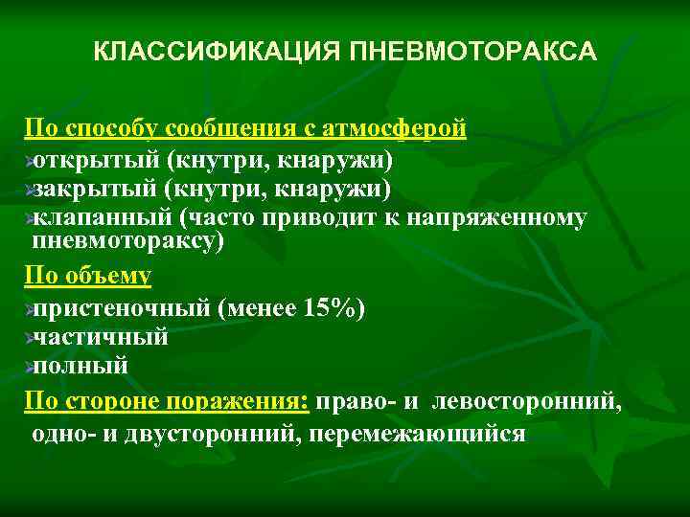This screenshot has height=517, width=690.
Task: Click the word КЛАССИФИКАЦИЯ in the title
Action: tap(206, 51)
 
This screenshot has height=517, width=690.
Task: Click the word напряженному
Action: tap(497, 217)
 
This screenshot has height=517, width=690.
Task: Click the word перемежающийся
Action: tap(432, 433)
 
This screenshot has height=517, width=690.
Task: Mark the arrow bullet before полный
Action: tap(29, 367)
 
